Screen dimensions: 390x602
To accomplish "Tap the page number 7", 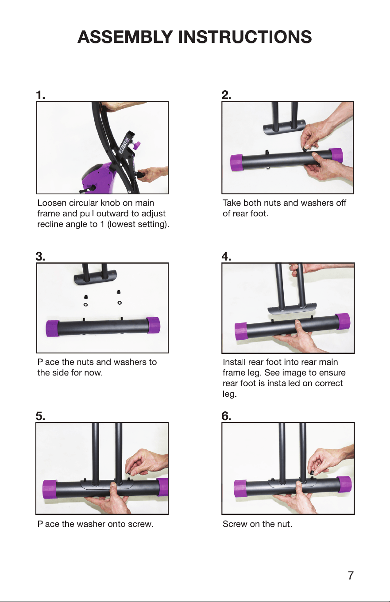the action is coord(351,575).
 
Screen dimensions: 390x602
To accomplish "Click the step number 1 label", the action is coord(40,95).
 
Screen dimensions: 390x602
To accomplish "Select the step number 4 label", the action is coord(226,257).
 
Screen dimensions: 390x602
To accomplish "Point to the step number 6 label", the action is coord(226,416).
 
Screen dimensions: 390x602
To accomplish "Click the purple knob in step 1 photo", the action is coord(137,146).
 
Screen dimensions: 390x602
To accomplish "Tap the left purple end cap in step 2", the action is coord(237,162).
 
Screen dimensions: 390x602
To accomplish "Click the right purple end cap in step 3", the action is coord(153,325).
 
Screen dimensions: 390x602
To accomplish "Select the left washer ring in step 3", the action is coord(85,305).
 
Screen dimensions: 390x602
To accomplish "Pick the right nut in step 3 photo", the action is coord(118,292).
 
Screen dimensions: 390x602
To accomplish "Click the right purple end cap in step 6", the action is coord(344,484).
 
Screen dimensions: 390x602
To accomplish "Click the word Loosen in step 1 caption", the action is coord(52,203).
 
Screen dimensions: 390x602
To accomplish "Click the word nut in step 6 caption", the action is coord(285,524).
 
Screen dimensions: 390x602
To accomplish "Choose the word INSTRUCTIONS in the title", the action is coord(245,37).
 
